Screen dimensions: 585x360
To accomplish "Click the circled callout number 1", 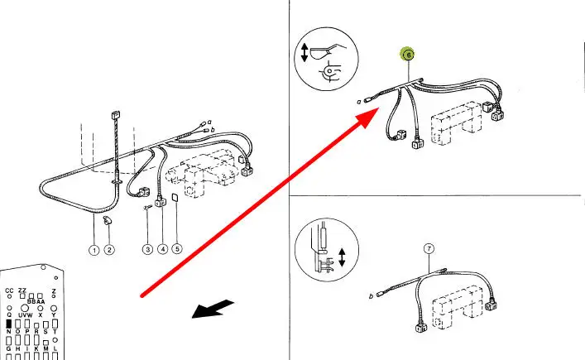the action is (95, 250).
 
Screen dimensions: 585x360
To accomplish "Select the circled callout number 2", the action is (109, 250).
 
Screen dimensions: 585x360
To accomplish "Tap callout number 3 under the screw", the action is (146, 249).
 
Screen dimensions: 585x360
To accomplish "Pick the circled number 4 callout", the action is (162, 249).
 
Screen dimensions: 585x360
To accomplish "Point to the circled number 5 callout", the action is (176, 249).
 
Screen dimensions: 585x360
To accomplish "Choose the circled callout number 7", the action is (429, 248).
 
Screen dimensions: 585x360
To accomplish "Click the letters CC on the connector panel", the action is (9, 291).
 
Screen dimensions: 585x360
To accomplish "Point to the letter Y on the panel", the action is (54, 314).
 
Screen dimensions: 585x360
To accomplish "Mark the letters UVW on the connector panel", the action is (26, 314).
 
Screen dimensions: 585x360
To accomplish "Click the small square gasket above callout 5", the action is (175, 199).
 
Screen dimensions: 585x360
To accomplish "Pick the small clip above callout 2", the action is (107, 221).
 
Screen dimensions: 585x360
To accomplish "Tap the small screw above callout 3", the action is (147, 207).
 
